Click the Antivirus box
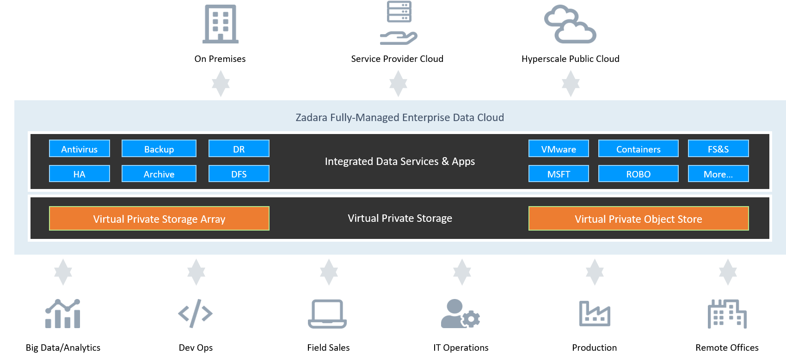coord(80,149)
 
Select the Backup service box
coord(159,149)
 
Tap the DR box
coord(239,149)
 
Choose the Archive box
coord(159,174)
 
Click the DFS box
coord(239,174)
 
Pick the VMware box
coord(559,149)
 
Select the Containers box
coord(638,149)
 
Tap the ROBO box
coord(638,174)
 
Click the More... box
coord(718,174)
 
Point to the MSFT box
coord(559,174)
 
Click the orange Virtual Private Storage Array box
coord(159,219)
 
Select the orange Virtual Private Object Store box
coord(638,219)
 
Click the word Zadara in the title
coord(311,117)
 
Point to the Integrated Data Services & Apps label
coord(399,161)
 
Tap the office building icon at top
coord(221,24)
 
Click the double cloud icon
coord(570,24)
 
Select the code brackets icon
coord(195,313)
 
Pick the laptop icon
coord(327,314)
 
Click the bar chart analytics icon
coord(63,314)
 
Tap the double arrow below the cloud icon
coord(571,84)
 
